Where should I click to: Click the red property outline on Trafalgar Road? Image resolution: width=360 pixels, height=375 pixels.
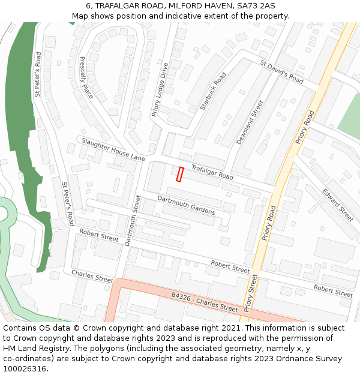[x=179, y=174]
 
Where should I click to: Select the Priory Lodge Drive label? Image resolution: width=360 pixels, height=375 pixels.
[x=160, y=90]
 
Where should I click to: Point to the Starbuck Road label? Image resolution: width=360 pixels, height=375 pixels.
[x=213, y=91]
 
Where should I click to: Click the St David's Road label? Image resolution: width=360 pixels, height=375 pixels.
[x=281, y=71]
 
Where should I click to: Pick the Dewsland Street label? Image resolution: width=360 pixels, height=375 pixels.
[x=250, y=122]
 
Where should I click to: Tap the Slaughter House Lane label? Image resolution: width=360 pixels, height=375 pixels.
[x=113, y=149]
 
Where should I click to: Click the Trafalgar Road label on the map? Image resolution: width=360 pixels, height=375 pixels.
[x=212, y=172]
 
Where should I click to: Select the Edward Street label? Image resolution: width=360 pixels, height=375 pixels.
[x=338, y=205]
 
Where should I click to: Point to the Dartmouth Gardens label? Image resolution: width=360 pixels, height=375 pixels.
[x=186, y=205]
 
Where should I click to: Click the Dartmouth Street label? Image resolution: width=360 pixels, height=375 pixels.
[x=131, y=220]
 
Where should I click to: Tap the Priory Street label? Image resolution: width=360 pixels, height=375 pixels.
[x=250, y=293]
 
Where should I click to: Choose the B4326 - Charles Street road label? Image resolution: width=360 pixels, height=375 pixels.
[x=205, y=302]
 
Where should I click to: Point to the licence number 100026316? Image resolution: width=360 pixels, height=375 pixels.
[x=25, y=368]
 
